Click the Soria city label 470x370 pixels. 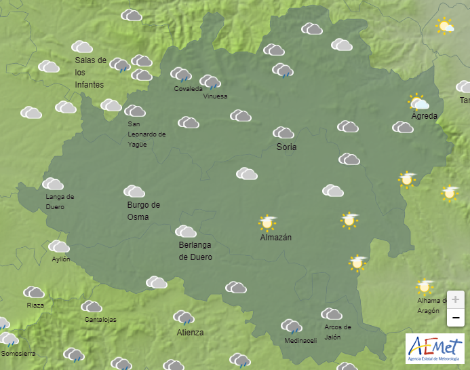tap(286, 147)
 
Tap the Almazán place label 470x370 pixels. tap(275, 238)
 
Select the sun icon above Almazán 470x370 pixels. tap(267, 222)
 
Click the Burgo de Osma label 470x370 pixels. tap(143, 210)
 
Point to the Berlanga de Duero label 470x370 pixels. tap(195, 251)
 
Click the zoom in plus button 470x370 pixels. tap(455, 299)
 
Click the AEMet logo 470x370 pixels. tap(434, 347)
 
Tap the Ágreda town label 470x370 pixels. tap(425, 116)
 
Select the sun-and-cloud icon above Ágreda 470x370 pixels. tap(418, 103)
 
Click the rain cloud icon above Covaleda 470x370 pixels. tap(180, 74)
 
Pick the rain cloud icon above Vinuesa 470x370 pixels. tap(210, 82)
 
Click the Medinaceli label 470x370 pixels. tap(300, 341)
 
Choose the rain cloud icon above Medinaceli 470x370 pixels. tap(292, 327)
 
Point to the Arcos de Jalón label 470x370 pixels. tap(337, 332)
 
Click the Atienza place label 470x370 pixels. tap(190, 333)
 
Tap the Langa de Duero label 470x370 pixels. tap(60, 202)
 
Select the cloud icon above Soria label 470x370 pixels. tap(283, 132)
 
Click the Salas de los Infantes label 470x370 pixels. tap(90, 72)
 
